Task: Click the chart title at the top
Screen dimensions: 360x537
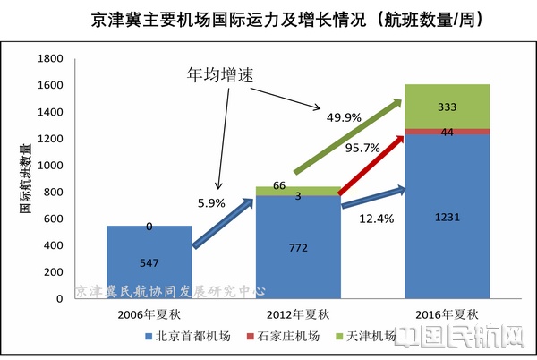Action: [268, 18]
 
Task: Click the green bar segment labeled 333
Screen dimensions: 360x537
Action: [447, 107]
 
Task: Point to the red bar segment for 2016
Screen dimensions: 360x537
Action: [447, 132]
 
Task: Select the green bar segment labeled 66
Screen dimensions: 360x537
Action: [298, 190]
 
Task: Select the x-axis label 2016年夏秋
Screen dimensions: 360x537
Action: [447, 315]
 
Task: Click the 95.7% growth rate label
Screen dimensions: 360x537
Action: [362, 146]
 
